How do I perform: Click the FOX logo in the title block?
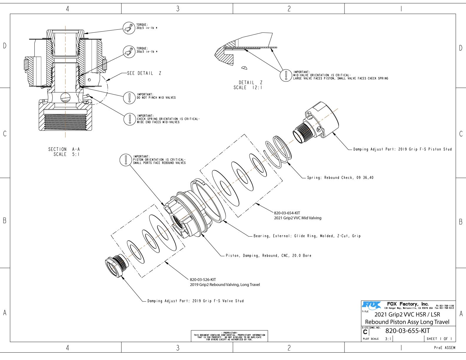click(x=371, y=306)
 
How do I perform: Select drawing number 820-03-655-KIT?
click(x=407, y=331)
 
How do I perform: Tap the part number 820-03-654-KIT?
click(x=287, y=213)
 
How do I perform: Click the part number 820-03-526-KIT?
click(x=203, y=280)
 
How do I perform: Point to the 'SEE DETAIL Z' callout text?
click(x=144, y=73)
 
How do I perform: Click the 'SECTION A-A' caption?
click(x=64, y=149)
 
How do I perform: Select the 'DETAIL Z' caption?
click(x=250, y=83)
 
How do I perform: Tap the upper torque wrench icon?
click(x=129, y=28)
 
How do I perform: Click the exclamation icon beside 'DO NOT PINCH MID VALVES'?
click(x=129, y=98)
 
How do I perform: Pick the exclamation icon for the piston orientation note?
click(x=125, y=160)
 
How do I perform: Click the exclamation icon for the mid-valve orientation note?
click(x=286, y=75)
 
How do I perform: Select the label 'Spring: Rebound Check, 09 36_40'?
click(x=340, y=178)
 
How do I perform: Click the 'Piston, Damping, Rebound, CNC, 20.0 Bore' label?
click(x=268, y=256)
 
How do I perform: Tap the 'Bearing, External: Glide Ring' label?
click(x=307, y=236)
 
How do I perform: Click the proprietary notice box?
click(x=229, y=336)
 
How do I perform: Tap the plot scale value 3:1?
click(x=388, y=339)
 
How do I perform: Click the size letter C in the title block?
click(x=365, y=332)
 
